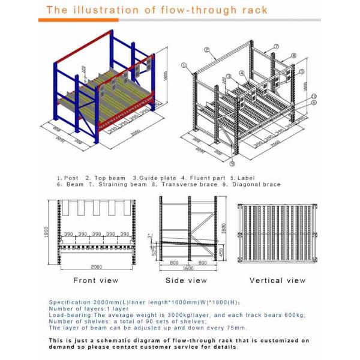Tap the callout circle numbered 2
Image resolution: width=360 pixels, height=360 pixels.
(x=206, y=50)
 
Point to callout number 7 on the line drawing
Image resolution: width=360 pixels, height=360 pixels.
(x=277, y=46)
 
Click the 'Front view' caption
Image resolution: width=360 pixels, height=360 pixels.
(x=95, y=280)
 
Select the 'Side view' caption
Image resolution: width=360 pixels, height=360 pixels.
(x=187, y=280)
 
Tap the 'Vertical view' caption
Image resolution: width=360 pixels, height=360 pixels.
(x=277, y=280)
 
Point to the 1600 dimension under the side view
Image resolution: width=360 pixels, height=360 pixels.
(x=187, y=268)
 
